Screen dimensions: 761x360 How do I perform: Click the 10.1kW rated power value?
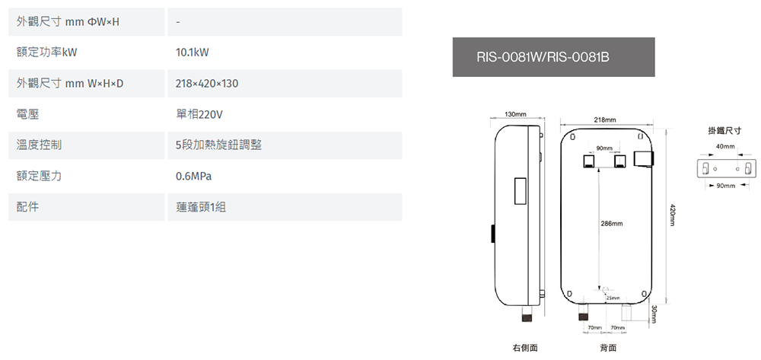point(192,53)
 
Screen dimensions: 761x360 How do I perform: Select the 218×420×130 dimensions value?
point(207,84)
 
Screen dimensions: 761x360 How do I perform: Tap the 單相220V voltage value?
point(199,114)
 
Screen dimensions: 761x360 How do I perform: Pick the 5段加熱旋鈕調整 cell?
point(218,145)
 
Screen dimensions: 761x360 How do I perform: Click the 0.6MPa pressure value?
point(193,176)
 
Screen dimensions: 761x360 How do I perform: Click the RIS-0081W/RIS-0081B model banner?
point(553,57)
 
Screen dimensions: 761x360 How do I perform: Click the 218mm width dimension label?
point(606,119)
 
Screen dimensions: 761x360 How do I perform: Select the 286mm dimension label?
point(612,224)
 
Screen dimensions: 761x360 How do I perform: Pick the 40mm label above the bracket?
point(725,145)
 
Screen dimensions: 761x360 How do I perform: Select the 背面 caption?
point(608,347)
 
